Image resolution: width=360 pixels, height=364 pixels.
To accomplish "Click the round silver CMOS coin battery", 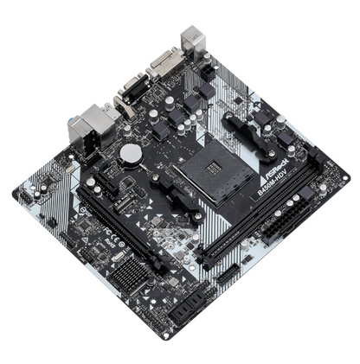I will [130, 154].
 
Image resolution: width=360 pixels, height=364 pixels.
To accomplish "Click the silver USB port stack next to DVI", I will [191, 41].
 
